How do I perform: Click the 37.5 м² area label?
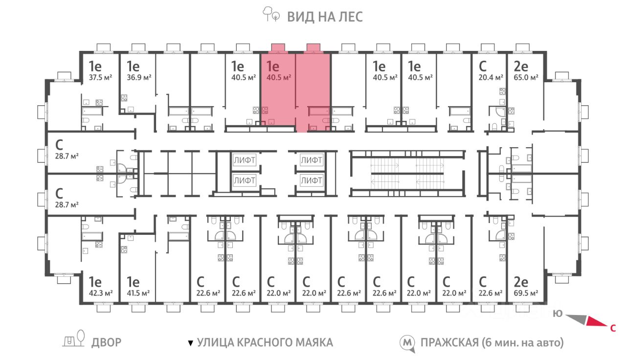click(x=100, y=77)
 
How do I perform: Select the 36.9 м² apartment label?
click(x=139, y=77)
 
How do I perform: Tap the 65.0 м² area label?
click(x=526, y=77)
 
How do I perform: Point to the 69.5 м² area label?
click(x=526, y=293)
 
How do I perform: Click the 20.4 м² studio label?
click(x=491, y=77)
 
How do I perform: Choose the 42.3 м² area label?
click(x=101, y=293)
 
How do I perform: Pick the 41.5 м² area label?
click(x=138, y=293)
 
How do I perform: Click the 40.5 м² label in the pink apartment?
click(x=279, y=77)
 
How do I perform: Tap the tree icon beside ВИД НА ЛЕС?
click(x=271, y=14)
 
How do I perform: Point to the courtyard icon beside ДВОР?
click(x=73, y=338)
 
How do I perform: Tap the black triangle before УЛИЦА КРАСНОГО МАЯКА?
click(x=191, y=343)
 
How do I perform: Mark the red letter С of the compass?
click(x=613, y=328)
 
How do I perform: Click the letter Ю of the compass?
click(x=558, y=314)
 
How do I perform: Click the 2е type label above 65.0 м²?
click(x=521, y=67)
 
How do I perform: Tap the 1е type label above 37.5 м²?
click(x=95, y=67)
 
